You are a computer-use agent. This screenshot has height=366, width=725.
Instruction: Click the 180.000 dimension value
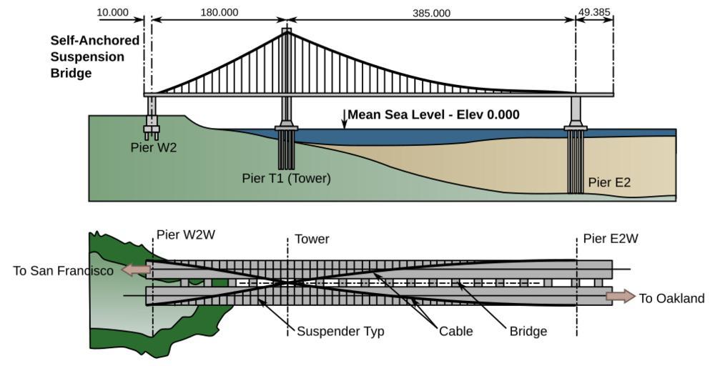pyautogui.click(x=220, y=13)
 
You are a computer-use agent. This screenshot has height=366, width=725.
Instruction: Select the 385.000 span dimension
pyautogui.click(x=431, y=13)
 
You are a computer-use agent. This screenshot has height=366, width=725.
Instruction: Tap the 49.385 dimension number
pyautogui.click(x=594, y=12)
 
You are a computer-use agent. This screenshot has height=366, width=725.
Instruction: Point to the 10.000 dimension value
pyautogui.click(x=113, y=13)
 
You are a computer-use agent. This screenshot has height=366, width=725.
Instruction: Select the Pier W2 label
pyautogui.click(x=154, y=148)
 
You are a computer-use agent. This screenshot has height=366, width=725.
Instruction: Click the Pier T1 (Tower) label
pyautogui.click(x=286, y=178)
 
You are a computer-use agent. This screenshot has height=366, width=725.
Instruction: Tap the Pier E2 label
pyautogui.click(x=609, y=182)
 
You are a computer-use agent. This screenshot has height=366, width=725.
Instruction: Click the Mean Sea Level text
pyautogui.click(x=433, y=114)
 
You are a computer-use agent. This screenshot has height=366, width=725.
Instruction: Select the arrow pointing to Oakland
pyautogui.click(x=620, y=296)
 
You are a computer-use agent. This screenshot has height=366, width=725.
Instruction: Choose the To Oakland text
pyautogui.click(x=671, y=298)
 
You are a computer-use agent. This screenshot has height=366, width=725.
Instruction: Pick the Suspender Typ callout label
pyautogui.click(x=340, y=331)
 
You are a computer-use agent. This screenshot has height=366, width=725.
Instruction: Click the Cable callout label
pyautogui.click(x=455, y=331)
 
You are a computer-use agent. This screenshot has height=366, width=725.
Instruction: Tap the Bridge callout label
pyautogui.click(x=528, y=331)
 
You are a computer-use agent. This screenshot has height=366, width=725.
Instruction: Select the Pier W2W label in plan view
pyautogui.click(x=186, y=234)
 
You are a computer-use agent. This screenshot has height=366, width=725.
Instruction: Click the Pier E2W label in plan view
pyautogui.click(x=611, y=238)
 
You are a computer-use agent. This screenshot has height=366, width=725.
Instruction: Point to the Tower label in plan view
pyautogui.click(x=312, y=239)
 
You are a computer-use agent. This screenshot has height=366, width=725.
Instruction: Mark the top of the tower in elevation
pyautogui.click(x=287, y=31)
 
